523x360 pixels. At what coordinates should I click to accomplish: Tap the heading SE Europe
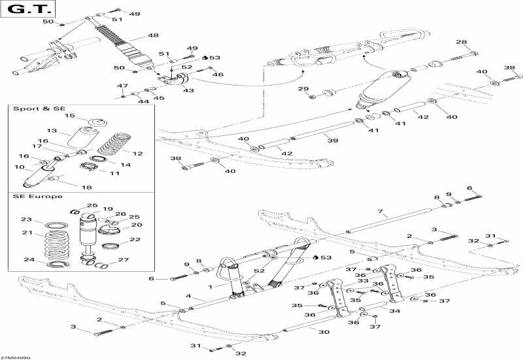(x=38, y=197)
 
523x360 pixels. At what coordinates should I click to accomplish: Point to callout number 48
(x=154, y=35)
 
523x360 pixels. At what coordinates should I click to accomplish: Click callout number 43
(x=188, y=90)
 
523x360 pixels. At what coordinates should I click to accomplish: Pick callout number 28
(x=462, y=42)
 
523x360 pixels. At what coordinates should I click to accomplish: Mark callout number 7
(x=379, y=212)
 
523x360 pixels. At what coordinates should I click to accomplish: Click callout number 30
(x=324, y=332)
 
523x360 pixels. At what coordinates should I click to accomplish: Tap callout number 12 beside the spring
(x=137, y=154)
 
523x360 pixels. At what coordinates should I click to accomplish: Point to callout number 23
(x=26, y=220)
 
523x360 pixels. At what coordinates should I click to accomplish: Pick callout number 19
(x=108, y=210)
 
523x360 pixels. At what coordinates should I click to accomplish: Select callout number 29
(x=303, y=90)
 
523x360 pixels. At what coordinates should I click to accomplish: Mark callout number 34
(x=395, y=312)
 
